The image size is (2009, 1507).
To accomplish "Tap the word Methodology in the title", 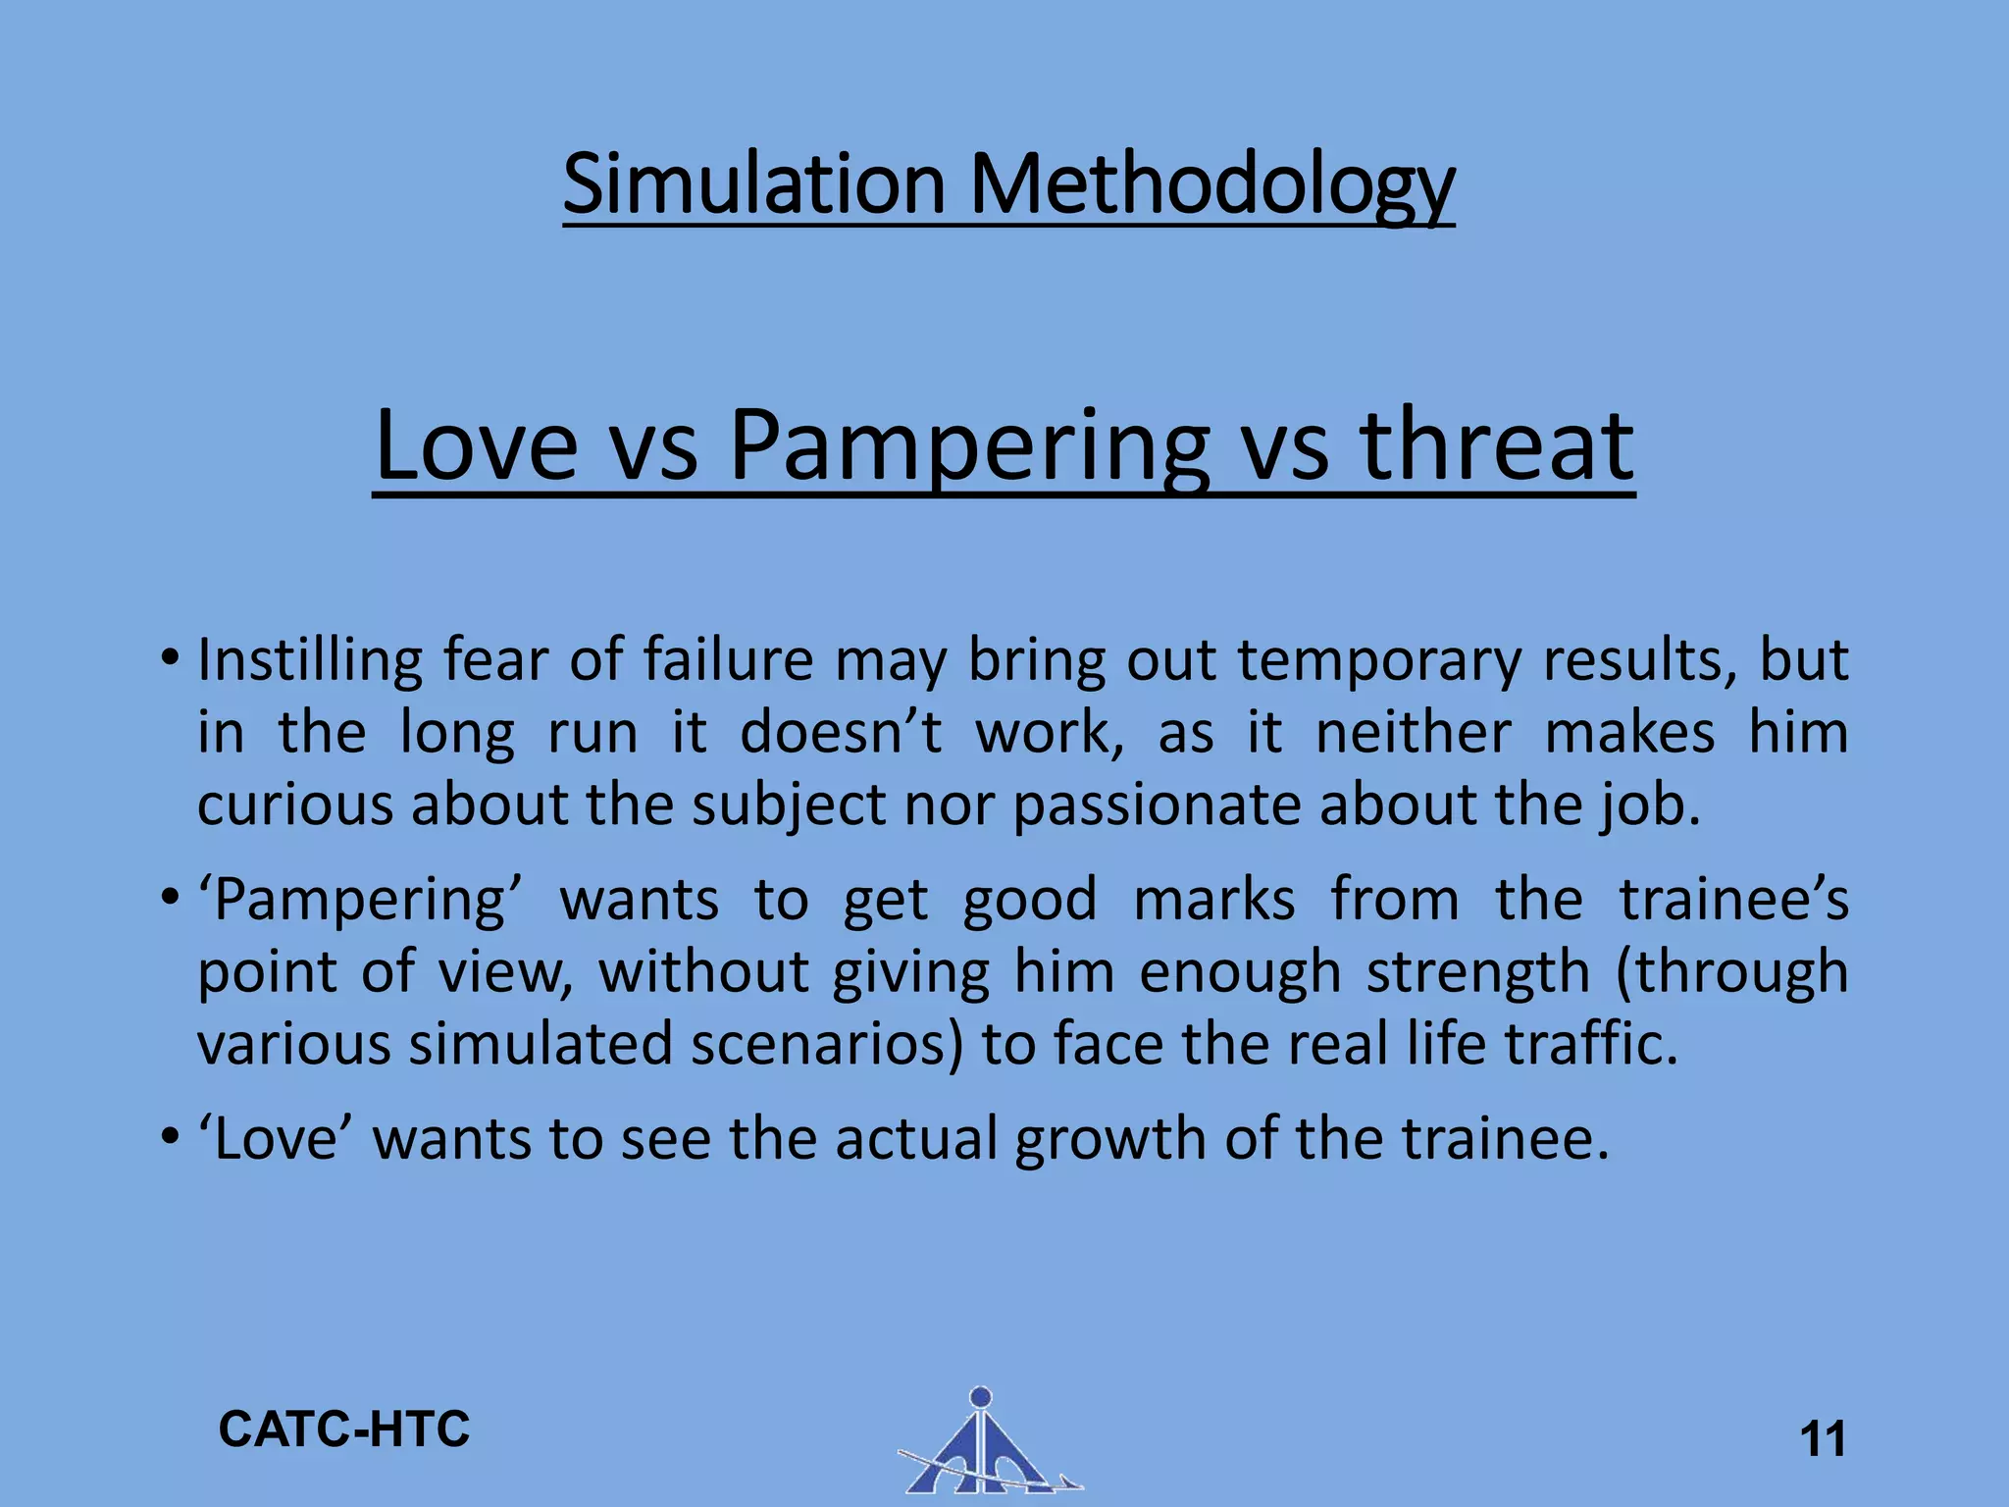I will tap(1211, 186).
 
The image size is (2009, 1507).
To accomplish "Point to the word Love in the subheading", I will tap(476, 446).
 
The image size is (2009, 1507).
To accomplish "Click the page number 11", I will tap(1823, 1440).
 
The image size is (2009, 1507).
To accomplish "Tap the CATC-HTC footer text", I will tap(344, 1429).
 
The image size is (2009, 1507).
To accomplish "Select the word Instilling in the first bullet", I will tap(310, 661).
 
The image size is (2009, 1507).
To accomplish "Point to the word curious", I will tap(293, 805).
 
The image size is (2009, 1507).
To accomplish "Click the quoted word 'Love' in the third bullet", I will tap(276, 1140).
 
